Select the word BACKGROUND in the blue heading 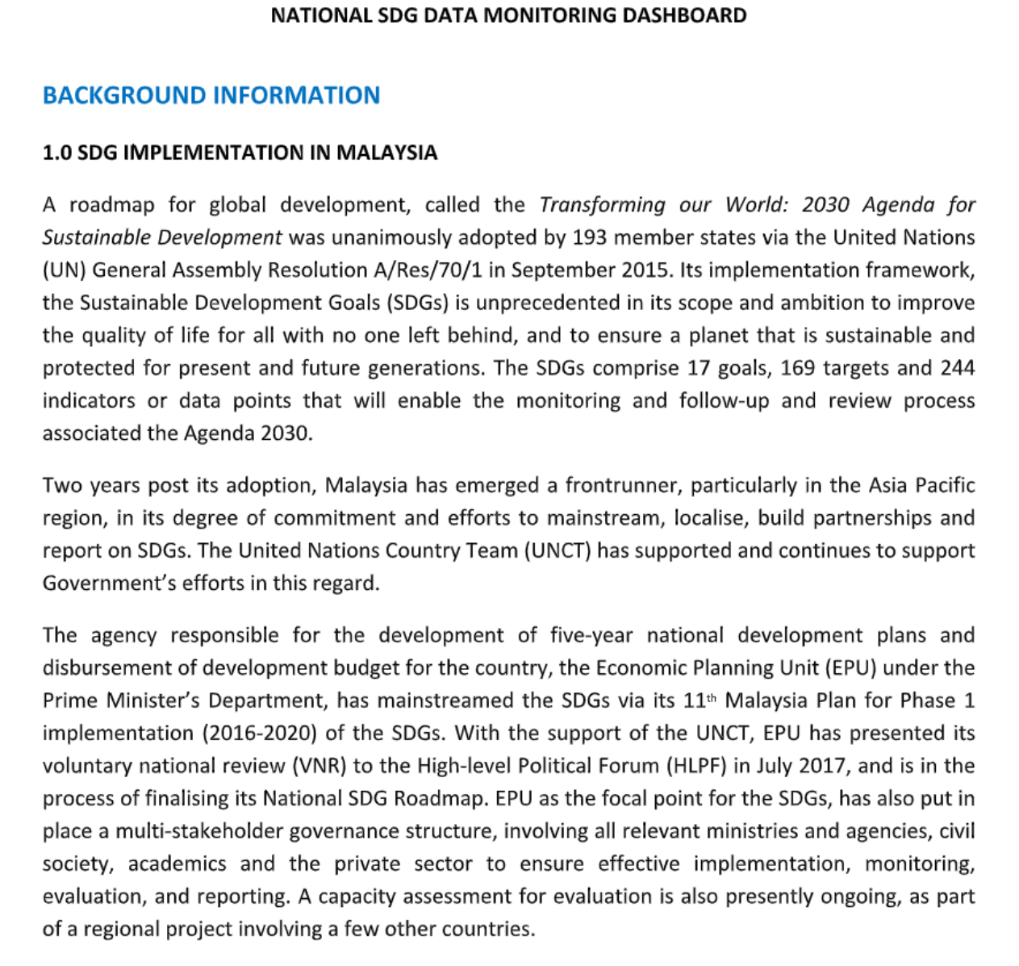coord(124,95)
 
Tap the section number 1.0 coord(56,153)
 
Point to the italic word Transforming coord(602,205)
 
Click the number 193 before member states coord(590,237)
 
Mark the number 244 coord(958,368)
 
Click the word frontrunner coord(621,485)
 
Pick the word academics coord(177,864)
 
